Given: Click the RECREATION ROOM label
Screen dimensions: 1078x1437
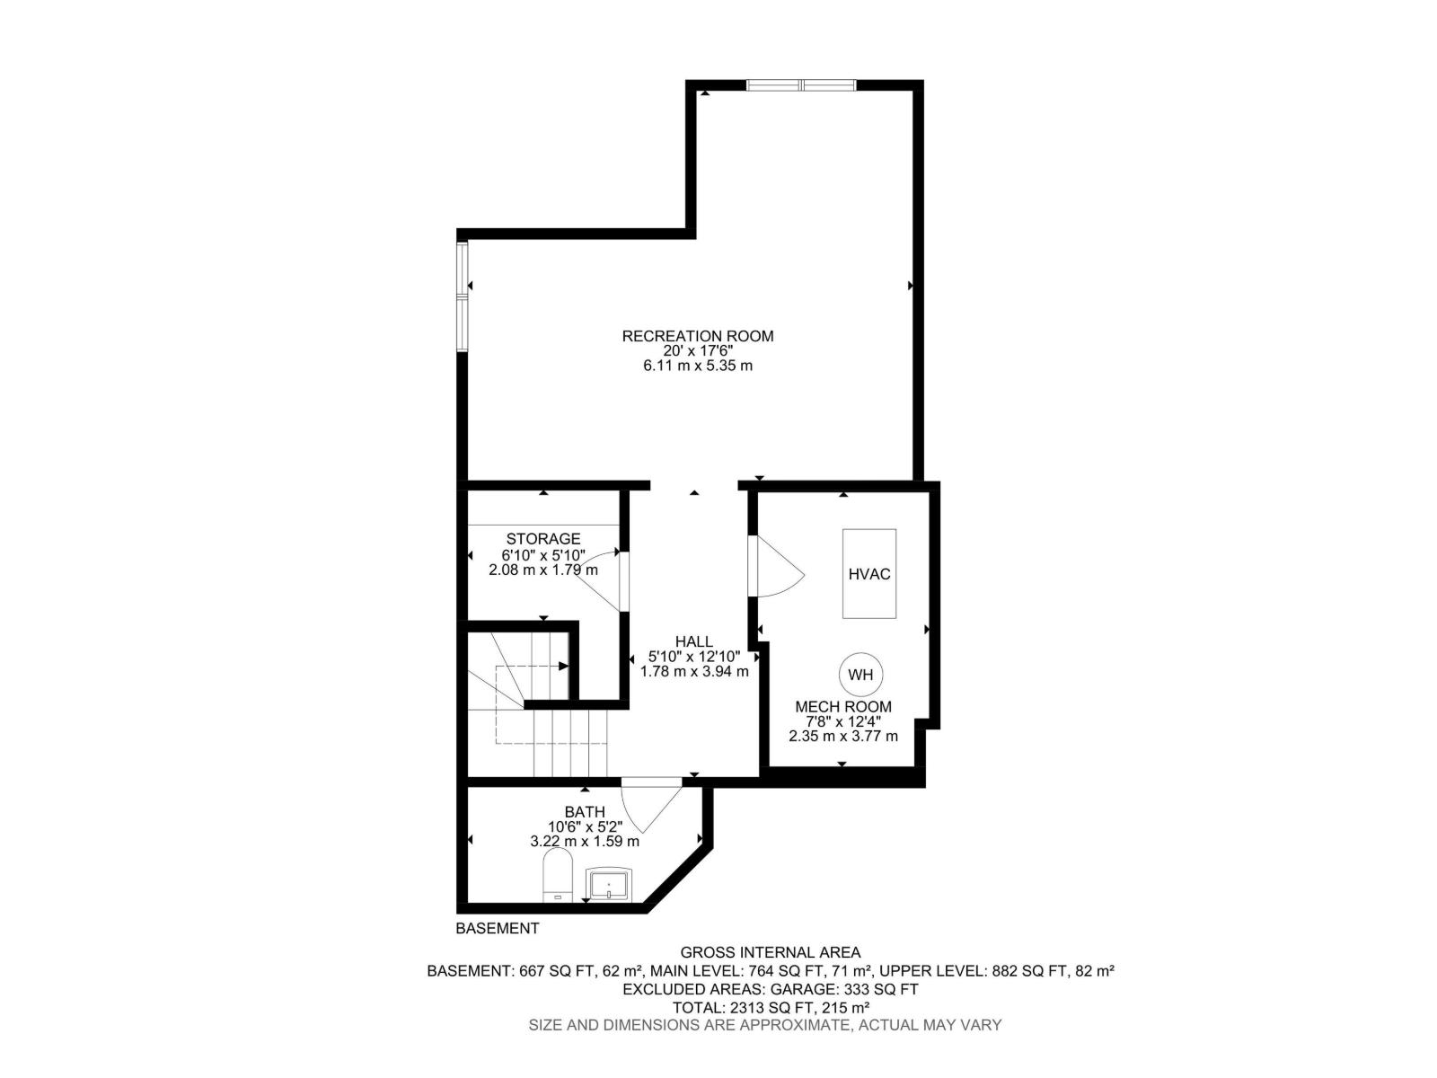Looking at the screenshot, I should (x=697, y=336).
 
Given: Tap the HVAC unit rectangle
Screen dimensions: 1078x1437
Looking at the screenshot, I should (x=868, y=573).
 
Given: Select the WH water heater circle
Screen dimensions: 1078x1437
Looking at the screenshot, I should (x=860, y=675).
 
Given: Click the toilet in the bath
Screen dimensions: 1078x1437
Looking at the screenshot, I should (x=558, y=876).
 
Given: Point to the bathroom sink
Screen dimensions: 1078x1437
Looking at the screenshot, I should (x=608, y=884).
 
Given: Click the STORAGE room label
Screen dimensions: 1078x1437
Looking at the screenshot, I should (x=542, y=539).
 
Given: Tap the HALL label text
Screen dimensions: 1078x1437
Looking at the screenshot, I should (x=693, y=641).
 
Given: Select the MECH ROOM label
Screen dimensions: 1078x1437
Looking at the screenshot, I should (x=842, y=707).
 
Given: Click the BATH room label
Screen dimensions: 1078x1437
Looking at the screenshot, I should (x=585, y=812).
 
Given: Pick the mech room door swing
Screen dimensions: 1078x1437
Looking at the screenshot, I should (x=774, y=566).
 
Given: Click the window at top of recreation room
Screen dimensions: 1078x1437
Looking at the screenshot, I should (x=801, y=85).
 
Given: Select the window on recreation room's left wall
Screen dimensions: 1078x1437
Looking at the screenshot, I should (x=463, y=296).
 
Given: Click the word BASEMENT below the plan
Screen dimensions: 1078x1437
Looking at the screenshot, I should (x=497, y=929).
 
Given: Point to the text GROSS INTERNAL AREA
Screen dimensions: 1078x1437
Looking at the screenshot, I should (x=770, y=952).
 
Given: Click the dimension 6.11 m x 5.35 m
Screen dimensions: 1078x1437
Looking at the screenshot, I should (x=697, y=366).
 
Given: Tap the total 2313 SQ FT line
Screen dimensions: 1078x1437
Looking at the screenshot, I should (x=770, y=1007).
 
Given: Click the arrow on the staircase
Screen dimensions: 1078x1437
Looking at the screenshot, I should (x=561, y=666).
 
